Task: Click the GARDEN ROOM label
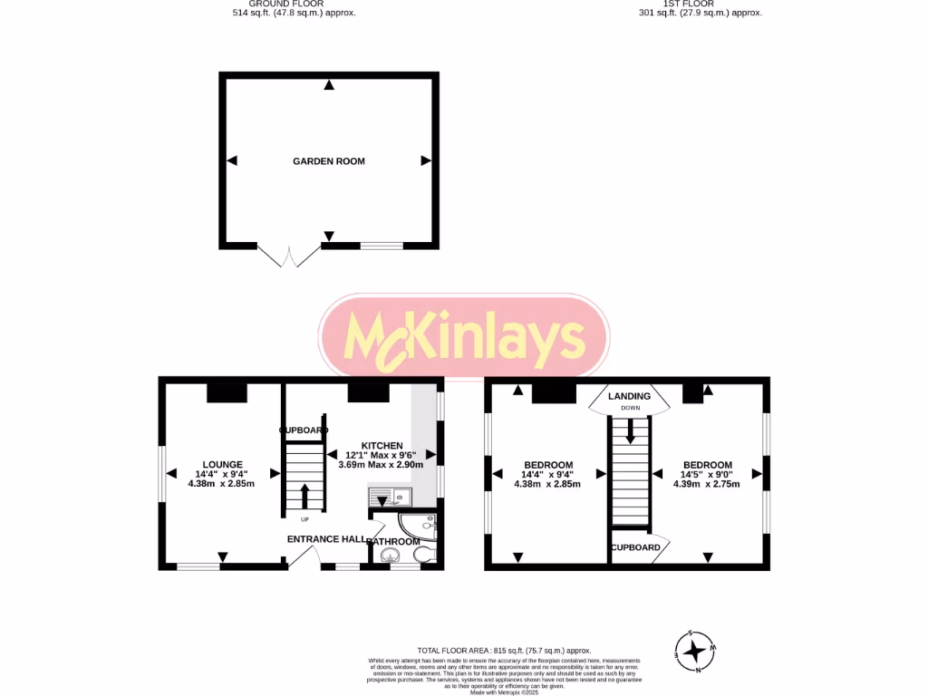point(328,161)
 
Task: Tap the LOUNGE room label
point(222,464)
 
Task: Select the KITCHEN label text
point(382,445)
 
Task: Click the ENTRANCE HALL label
point(326,539)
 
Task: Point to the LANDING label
point(629,396)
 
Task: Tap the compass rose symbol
point(695,651)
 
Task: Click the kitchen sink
point(390,496)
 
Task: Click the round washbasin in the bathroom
point(389,557)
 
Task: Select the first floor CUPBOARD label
point(635,548)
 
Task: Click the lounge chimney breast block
point(227,392)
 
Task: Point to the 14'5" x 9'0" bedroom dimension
point(706,474)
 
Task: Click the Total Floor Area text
point(503,651)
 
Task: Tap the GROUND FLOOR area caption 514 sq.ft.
point(294,13)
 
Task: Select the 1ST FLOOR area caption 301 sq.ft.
point(701,13)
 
